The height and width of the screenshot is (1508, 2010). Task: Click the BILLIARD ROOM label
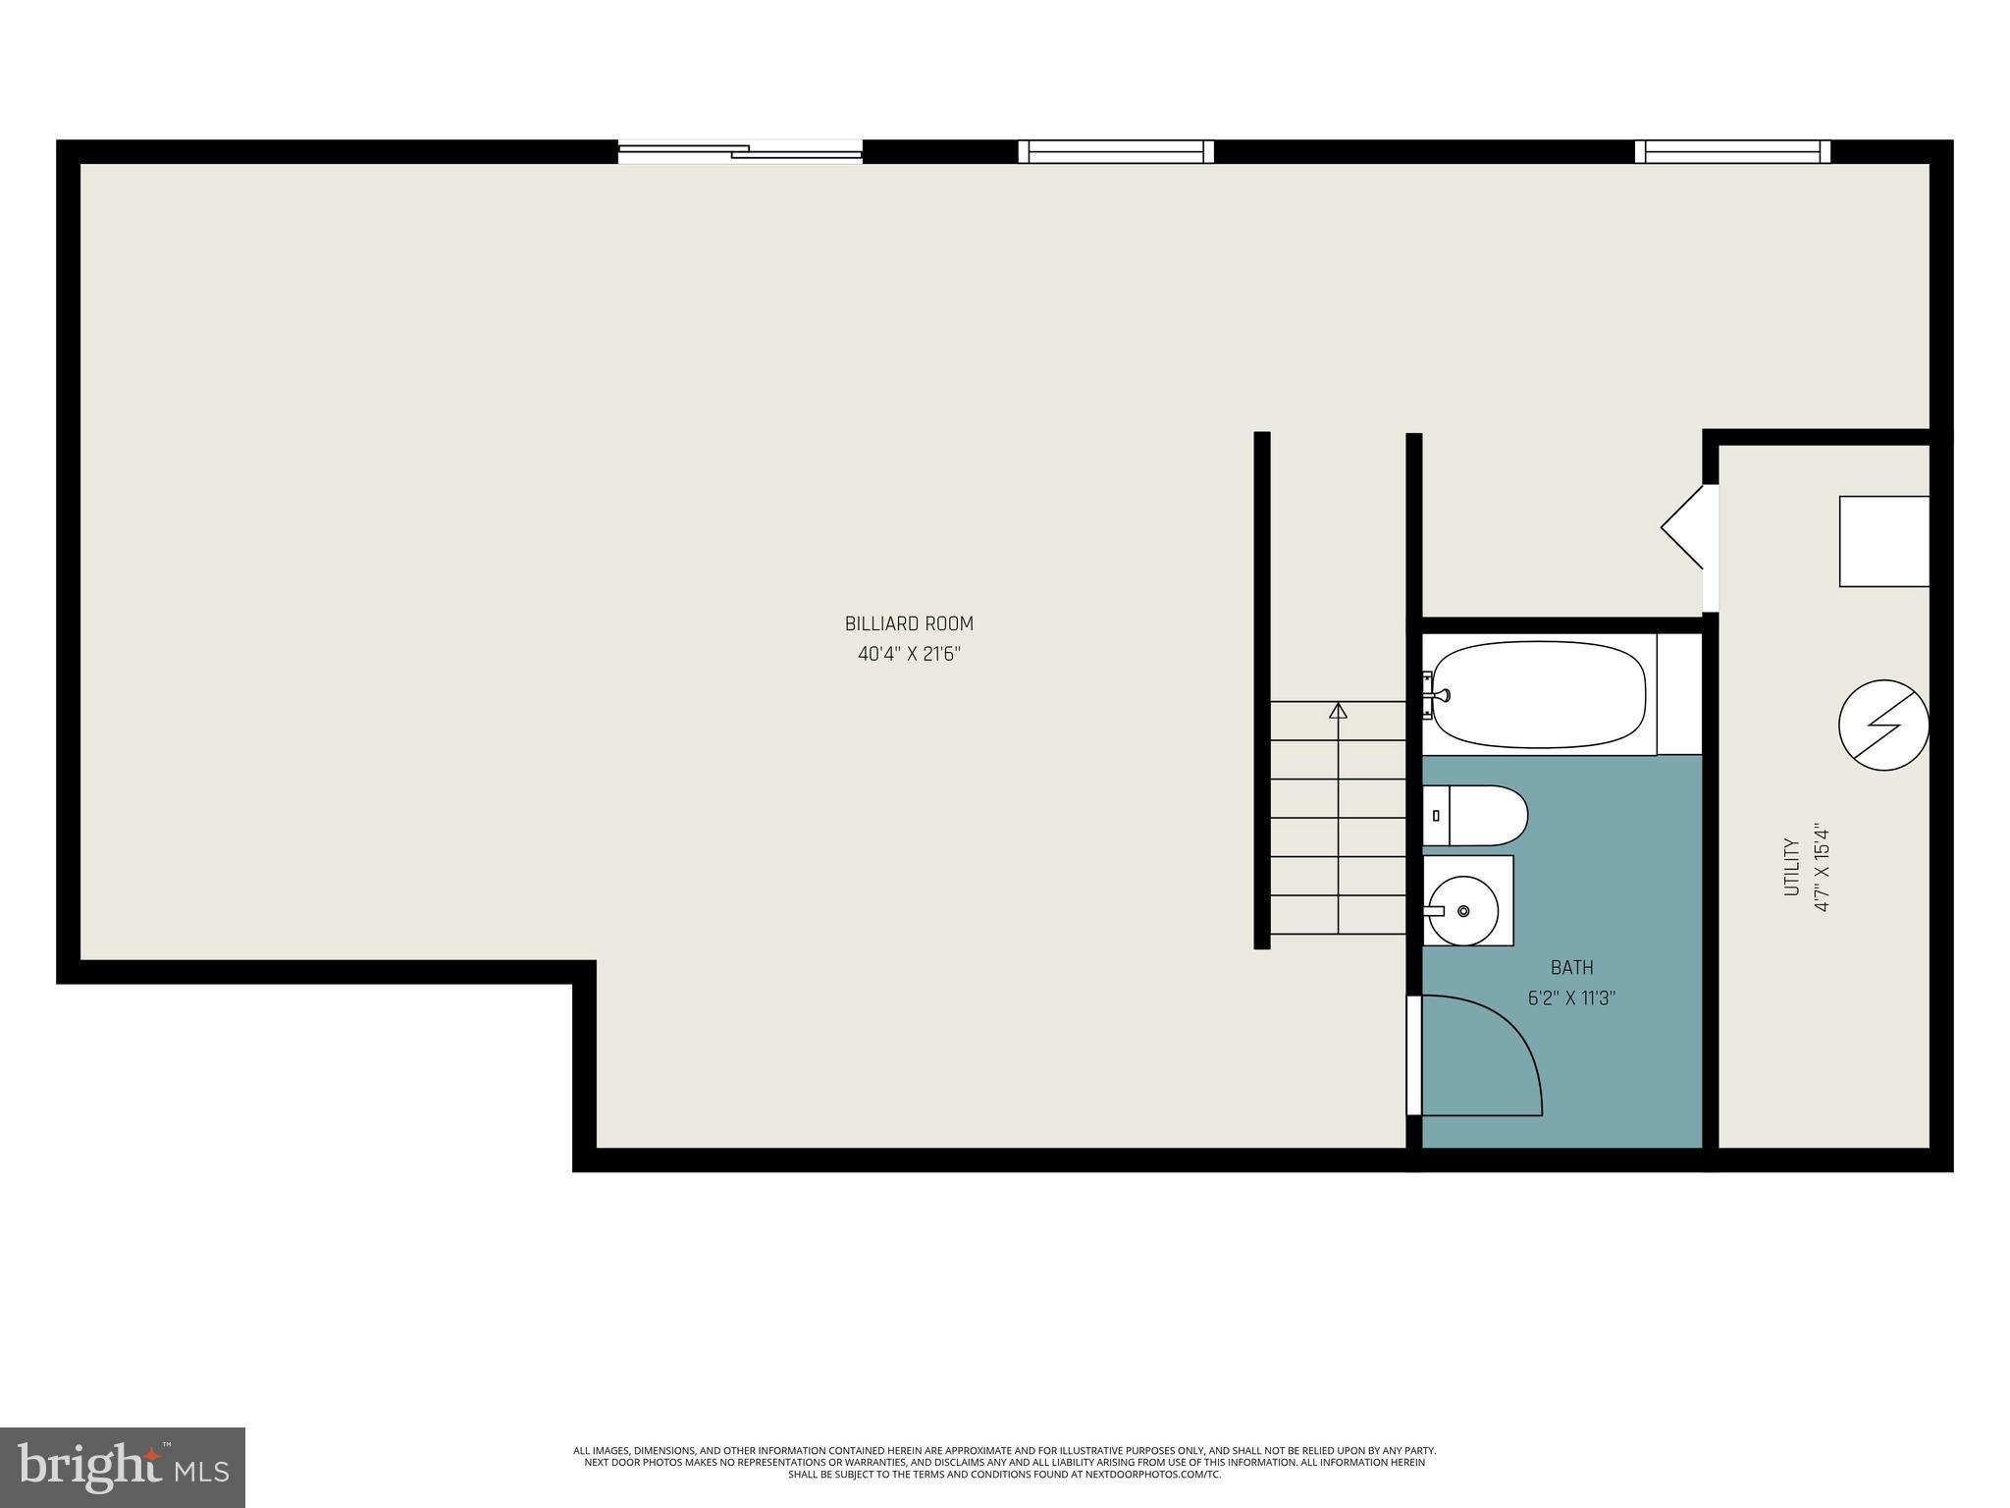[909, 623]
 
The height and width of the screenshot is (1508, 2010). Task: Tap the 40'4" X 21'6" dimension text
[909, 654]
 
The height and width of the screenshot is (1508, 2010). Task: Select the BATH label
[1571, 968]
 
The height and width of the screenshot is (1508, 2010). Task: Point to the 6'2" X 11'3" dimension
[1571, 998]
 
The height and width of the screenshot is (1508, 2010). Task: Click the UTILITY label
[1791, 866]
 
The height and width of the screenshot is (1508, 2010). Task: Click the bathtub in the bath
[1538, 695]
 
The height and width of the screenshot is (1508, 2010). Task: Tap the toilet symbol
[1475, 815]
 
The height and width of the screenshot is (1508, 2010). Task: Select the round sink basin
[1463, 911]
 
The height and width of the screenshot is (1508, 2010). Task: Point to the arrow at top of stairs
[1338, 709]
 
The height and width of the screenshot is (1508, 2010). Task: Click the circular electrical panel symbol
[1883, 726]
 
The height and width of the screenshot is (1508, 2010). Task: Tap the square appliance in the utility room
[1883, 541]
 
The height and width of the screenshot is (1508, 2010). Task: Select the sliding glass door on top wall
[740, 151]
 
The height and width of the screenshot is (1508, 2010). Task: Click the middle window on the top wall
[1116, 151]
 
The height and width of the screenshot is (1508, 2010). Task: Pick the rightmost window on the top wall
[1732, 151]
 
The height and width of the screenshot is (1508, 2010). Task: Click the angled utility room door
[1683, 526]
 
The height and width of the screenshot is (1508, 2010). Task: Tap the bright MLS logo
[123, 1468]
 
